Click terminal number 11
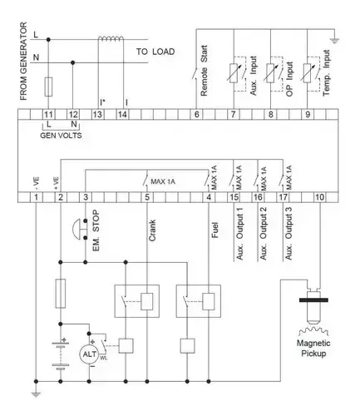48,115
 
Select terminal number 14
122,115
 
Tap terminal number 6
196,115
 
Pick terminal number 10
319,197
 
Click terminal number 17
283,197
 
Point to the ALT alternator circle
89,354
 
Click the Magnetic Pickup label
313,349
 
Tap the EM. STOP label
96,230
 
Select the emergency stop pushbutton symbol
80,230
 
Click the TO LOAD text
155,52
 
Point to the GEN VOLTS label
61,136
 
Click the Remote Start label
204,71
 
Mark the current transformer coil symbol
111,38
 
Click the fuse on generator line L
48,87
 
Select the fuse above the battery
61,294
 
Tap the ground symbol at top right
334,42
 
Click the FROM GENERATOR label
24,62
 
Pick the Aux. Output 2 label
263,234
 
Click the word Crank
152,230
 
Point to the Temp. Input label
327,73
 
